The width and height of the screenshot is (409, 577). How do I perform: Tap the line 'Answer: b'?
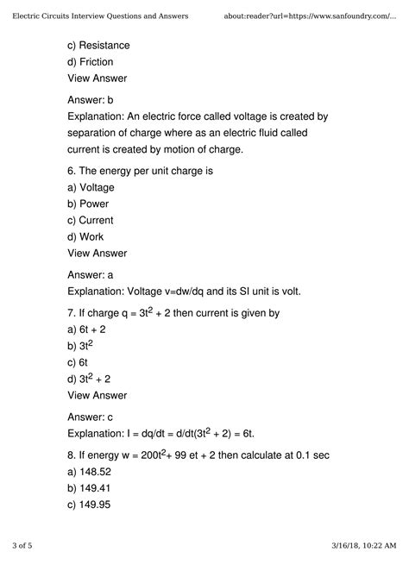(x=91, y=100)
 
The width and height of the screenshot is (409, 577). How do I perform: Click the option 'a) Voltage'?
(x=91, y=187)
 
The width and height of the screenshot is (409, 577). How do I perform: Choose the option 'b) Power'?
(x=88, y=204)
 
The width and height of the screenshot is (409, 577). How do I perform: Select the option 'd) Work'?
(x=85, y=237)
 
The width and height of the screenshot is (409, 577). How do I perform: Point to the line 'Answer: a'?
(x=91, y=275)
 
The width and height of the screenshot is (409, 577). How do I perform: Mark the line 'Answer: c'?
(x=90, y=417)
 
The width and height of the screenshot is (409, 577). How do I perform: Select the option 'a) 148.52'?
(x=94, y=472)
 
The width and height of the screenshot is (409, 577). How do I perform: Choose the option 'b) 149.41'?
(x=94, y=488)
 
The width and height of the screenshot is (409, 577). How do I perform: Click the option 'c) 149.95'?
(x=94, y=505)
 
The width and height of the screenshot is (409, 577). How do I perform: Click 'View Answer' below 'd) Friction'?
(x=97, y=78)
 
